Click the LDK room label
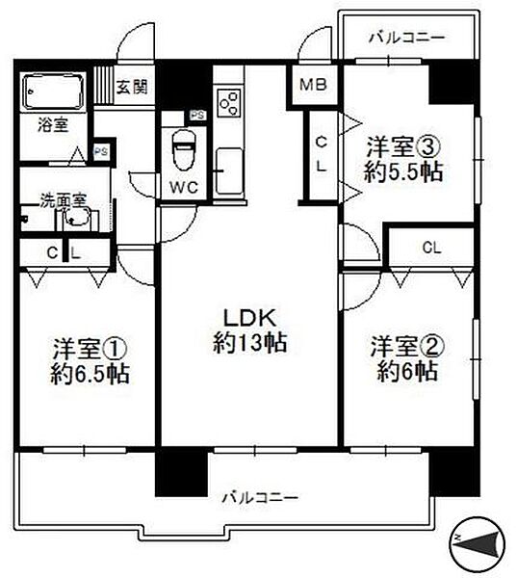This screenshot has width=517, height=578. tap(250, 319)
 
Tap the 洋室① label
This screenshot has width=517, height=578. tap(90, 349)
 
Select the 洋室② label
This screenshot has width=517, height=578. tap(406, 347)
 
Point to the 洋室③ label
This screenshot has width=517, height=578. tap(403, 147)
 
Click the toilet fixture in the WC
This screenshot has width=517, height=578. tap(184, 150)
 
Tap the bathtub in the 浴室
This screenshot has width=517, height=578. tap(53, 92)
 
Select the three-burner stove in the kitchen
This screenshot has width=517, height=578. tap(229, 103)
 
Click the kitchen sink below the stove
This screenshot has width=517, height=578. tap(229, 171)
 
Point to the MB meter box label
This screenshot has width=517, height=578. tap(313, 85)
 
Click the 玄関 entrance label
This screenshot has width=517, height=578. tap(132, 87)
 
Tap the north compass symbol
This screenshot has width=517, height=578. tap(477, 541)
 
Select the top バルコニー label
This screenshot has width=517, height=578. tap(407, 38)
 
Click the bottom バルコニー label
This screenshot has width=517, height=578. tap(259, 498)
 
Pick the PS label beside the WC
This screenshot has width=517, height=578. tap(197, 115)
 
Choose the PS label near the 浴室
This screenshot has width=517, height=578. tap(101, 151)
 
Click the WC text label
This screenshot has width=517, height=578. tap(184, 188)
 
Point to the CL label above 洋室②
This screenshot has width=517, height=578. tap(432, 248)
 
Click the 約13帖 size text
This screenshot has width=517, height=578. tap(250, 343)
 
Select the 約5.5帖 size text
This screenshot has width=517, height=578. tap(403, 171)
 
